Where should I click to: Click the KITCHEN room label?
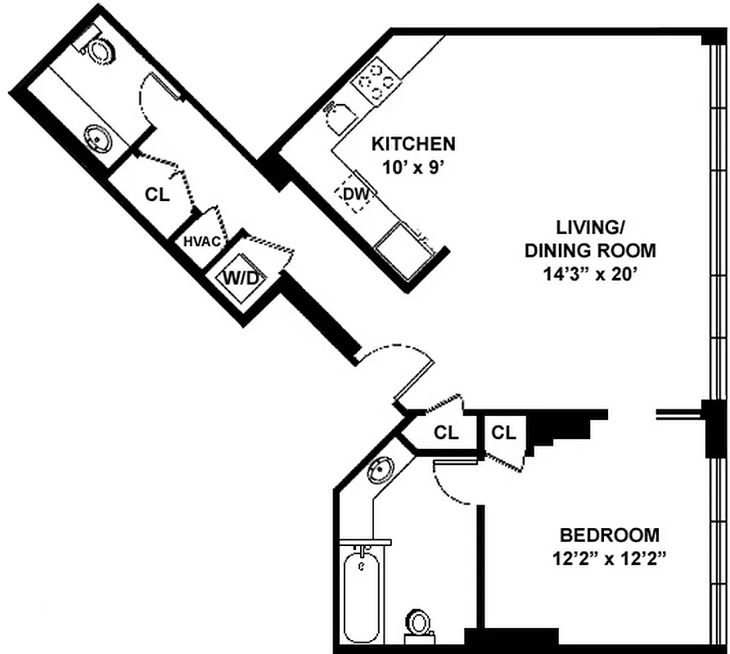[413, 145]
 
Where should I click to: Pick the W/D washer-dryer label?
[241, 278]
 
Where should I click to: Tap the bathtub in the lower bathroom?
[361, 598]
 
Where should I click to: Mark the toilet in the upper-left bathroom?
[101, 50]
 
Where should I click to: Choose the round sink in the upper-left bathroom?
[99, 140]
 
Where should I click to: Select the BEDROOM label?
[609, 535]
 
